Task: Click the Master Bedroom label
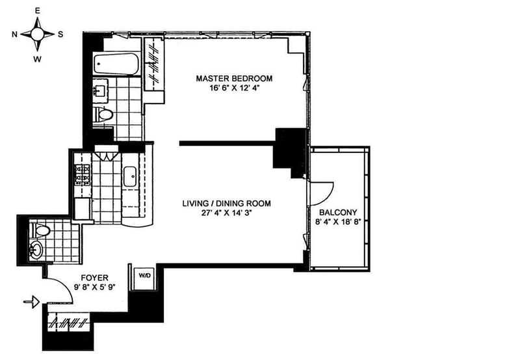point(234,78)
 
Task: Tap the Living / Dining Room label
point(226,204)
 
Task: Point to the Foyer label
point(57,276)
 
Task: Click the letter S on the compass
point(60,34)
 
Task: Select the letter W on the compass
point(38,59)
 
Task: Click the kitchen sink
point(129,175)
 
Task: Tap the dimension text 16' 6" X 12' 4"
point(234,88)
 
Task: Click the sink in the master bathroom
point(102,88)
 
